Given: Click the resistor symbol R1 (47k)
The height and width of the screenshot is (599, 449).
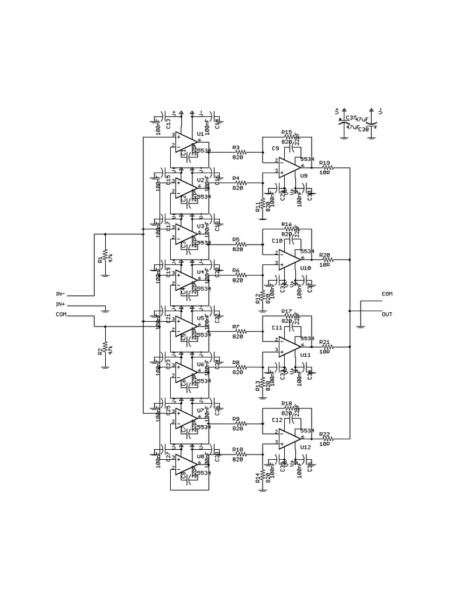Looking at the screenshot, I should click(105, 255).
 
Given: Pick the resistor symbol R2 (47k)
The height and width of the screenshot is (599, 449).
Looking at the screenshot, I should click(105, 347).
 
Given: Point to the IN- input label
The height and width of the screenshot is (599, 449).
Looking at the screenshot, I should click(60, 294).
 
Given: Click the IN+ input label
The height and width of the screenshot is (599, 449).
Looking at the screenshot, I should click(60, 305).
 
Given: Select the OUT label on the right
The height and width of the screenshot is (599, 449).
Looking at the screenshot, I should click(386, 314).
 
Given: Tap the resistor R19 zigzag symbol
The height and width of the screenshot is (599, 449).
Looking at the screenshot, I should click(326, 167).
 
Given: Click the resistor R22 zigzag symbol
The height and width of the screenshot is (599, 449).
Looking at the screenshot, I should click(326, 438).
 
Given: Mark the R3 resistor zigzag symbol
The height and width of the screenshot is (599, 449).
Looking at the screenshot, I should click(240, 152).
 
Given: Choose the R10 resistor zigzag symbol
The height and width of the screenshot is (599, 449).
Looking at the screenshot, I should click(240, 454).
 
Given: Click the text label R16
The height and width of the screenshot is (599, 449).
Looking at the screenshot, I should click(286, 225).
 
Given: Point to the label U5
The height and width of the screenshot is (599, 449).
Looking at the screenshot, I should click(201, 318).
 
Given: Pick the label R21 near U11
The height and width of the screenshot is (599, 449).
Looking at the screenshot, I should click(324, 342).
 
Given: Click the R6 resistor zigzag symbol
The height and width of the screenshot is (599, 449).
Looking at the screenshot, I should click(240, 275).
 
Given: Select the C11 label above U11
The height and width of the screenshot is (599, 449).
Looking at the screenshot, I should click(277, 328).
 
